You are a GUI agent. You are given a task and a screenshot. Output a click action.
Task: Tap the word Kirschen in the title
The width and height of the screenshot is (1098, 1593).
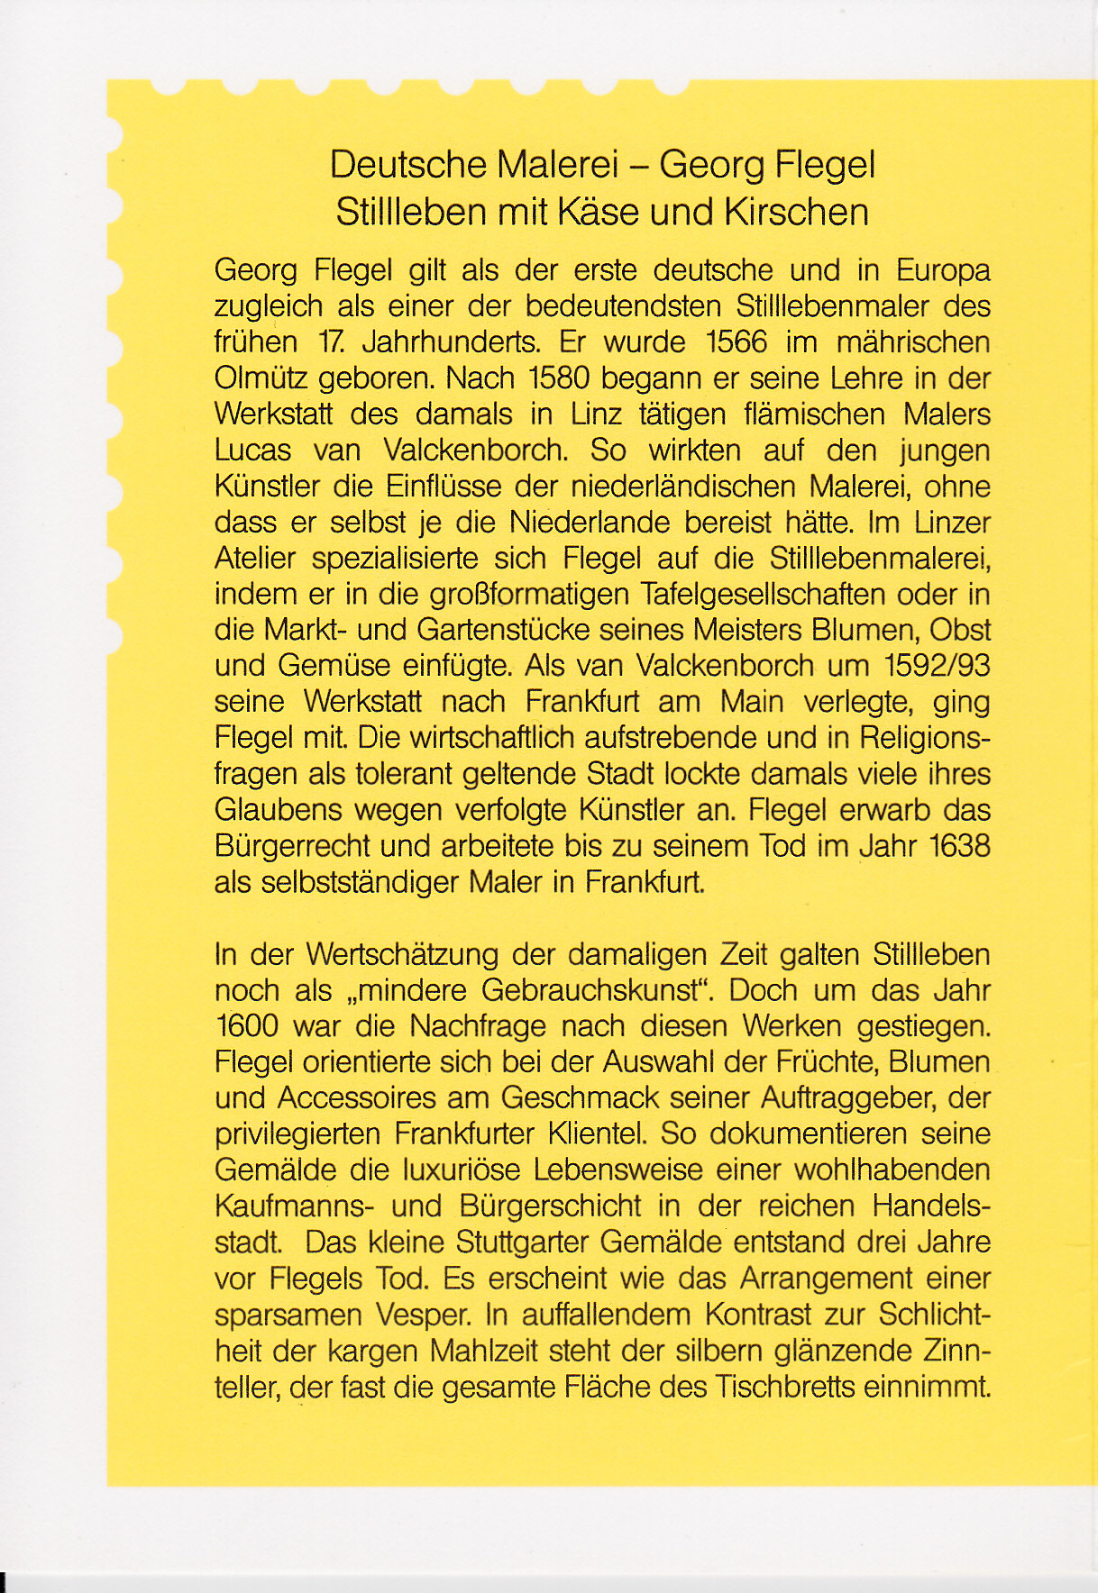tap(795, 213)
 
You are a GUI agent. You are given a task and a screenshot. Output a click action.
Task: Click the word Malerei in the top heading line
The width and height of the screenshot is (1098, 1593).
tap(557, 165)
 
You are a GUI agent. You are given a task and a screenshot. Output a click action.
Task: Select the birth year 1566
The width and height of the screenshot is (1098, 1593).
tap(737, 342)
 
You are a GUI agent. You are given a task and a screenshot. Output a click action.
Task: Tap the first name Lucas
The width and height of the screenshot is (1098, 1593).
tap(253, 451)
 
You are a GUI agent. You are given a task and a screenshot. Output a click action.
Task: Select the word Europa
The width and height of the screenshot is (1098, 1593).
tap(943, 270)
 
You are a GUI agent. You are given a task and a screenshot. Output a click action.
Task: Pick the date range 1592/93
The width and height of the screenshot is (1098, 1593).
tap(938, 666)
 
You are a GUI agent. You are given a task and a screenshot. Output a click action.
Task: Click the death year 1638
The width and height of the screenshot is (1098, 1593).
tap(959, 846)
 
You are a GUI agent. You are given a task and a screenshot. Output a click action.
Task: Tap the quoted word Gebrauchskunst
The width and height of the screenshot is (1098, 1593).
tap(590, 990)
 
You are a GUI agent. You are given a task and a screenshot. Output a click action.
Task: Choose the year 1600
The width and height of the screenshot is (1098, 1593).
tap(247, 1026)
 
